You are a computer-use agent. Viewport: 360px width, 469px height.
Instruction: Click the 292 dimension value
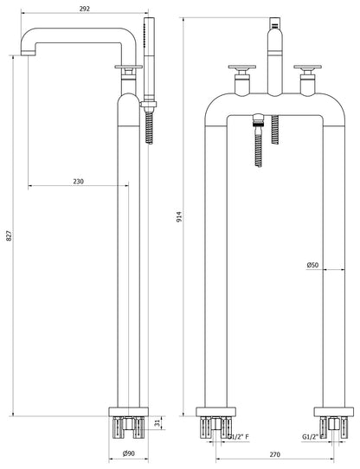85,9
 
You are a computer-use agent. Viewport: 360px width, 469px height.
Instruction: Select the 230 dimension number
79,181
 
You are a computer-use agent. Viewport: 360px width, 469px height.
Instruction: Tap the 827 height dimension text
10,236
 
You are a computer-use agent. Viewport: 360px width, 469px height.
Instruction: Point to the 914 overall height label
179,216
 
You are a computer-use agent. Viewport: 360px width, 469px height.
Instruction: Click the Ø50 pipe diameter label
312,265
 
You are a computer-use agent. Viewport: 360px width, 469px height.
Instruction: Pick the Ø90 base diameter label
129,453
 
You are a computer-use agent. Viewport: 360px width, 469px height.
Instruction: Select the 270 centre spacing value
274,454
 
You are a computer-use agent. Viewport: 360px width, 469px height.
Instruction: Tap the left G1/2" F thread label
239,437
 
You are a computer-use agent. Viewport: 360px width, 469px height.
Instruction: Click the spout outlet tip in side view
29,53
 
